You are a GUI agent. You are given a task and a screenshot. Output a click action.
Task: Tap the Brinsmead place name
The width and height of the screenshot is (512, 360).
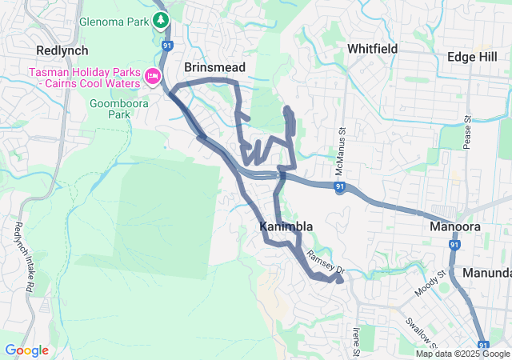(214, 67)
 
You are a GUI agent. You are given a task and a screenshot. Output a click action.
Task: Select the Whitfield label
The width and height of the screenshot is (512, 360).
(372, 49)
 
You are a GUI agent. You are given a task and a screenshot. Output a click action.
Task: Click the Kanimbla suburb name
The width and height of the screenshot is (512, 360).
(286, 227)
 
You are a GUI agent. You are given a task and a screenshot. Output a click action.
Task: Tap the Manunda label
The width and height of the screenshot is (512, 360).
(487, 273)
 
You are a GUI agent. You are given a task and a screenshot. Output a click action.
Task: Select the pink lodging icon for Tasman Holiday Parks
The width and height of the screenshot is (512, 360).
(152, 76)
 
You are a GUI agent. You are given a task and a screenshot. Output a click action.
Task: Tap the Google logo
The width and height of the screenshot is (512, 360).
(26, 350)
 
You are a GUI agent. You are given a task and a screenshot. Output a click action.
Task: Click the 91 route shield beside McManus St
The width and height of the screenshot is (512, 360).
(340, 187)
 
